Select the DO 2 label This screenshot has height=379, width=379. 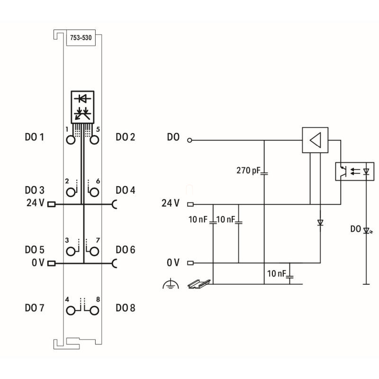[x=126, y=137]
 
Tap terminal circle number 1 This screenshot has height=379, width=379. [x=71, y=140]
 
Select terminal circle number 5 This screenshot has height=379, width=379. [x=94, y=140]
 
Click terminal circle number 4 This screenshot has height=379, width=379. [x=71, y=310]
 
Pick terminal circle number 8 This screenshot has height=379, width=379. [x=94, y=310]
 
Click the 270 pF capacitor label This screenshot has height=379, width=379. [x=247, y=170]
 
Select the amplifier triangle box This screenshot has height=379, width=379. [x=315, y=140]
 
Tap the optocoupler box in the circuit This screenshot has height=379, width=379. [x=354, y=171]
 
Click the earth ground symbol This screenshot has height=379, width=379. [x=170, y=284]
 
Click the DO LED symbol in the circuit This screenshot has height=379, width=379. [x=366, y=230]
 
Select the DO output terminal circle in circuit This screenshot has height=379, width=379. [x=190, y=140]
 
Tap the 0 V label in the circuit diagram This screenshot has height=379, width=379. [x=173, y=262]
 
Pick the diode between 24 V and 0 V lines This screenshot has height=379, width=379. [x=320, y=222]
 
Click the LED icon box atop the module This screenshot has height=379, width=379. [x=83, y=106]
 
